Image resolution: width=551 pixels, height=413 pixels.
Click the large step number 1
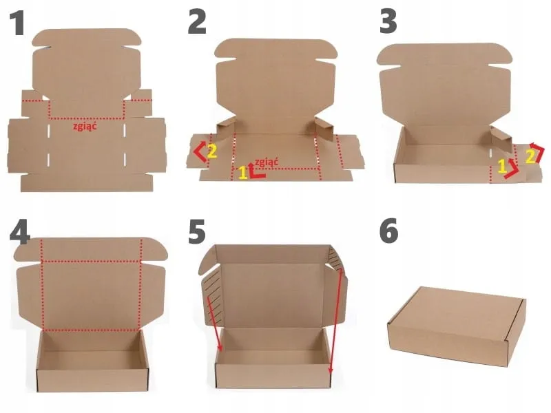[17, 23]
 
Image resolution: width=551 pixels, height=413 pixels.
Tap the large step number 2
[197, 22]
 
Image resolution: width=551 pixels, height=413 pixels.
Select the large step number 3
[388, 22]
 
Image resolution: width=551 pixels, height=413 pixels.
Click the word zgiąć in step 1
[85, 127]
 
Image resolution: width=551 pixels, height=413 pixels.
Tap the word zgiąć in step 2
[267, 162]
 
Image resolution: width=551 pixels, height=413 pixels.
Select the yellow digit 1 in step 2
[243, 173]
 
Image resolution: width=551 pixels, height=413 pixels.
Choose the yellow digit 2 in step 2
[212, 151]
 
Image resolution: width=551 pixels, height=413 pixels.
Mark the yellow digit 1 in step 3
[503, 166]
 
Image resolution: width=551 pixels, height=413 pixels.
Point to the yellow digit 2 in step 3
[530, 157]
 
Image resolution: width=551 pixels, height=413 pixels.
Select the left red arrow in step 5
[215, 324]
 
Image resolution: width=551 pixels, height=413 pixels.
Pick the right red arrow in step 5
[335, 322]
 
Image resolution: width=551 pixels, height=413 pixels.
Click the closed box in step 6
[457, 326]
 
